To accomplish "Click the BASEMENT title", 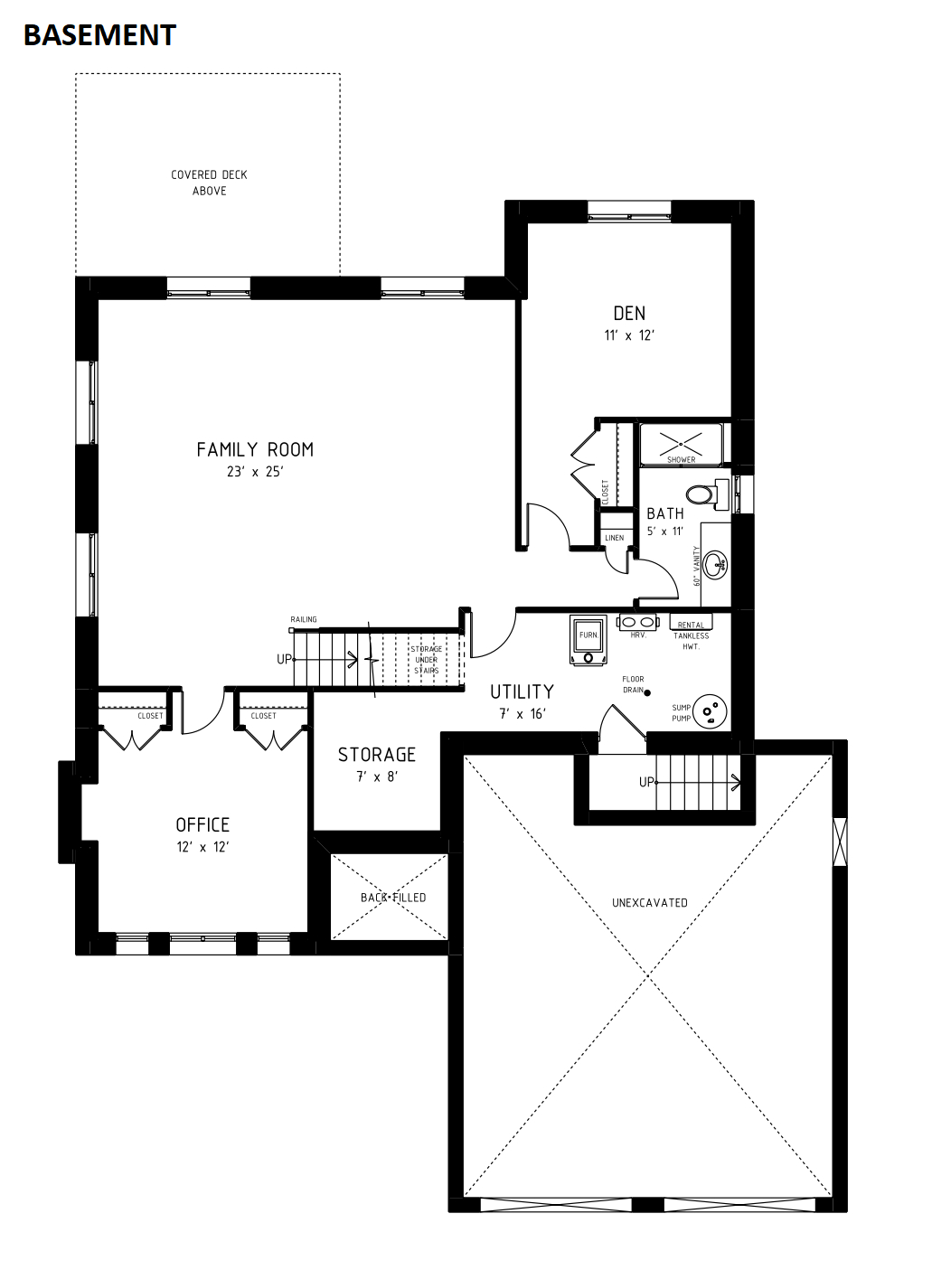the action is tap(99, 35).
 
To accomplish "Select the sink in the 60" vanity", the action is tap(715, 565).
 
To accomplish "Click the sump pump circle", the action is tap(710, 711).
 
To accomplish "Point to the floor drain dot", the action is tap(647, 692).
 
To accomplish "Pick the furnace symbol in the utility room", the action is tap(589, 640).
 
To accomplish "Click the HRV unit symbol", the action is tap(638, 622).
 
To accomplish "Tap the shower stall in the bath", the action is tap(682, 445).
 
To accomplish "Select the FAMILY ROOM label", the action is tap(255, 449).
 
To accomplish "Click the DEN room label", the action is tap(629, 313).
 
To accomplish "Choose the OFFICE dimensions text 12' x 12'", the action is tap(202, 847).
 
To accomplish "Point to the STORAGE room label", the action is tap(377, 755).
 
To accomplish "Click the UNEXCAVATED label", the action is tap(650, 903).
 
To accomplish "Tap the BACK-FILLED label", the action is tap(393, 898).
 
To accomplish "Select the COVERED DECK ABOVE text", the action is tap(209, 183).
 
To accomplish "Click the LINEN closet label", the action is tap(615, 538).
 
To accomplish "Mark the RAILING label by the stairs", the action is tap(304, 619).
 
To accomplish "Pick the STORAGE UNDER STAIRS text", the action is tap(427, 659).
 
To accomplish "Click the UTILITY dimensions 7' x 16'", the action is tap(522, 714).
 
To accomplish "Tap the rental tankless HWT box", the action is tap(692, 623).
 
